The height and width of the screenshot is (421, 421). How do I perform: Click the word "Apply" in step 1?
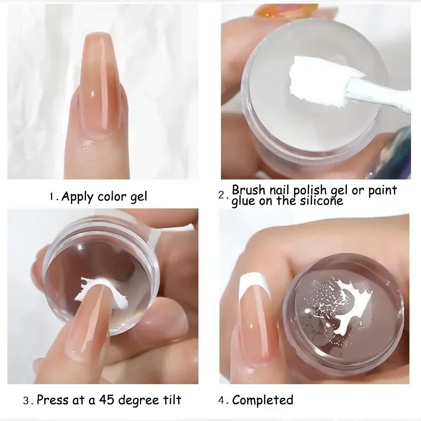(x=78, y=197)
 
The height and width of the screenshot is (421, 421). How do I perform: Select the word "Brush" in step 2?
(x=249, y=189)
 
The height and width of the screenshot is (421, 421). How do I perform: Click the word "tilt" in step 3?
(x=172, y=400)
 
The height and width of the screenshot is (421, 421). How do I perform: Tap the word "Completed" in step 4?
(x=263, y=400)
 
